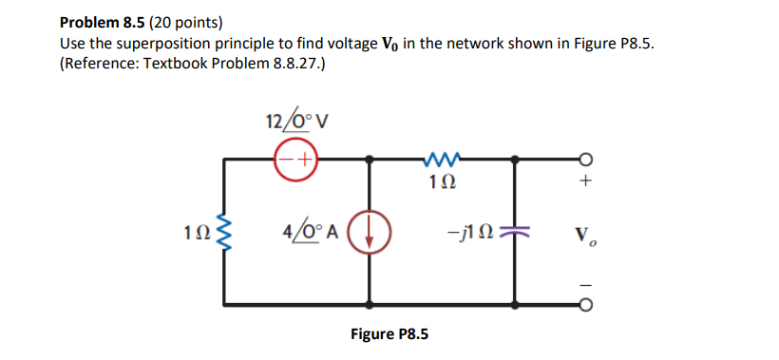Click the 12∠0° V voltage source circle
pyautogui.click(x=295, y=159)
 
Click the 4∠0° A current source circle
pyautogui.click(x=367, y=232)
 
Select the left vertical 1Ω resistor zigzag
pyautogui.click(x=224, y=233)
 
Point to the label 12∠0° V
pyautogui.click(x=295, y=122)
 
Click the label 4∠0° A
pyautogui.click(x=309, y=231)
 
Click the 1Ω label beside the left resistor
pyautogui.click(x=197, y=233)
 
